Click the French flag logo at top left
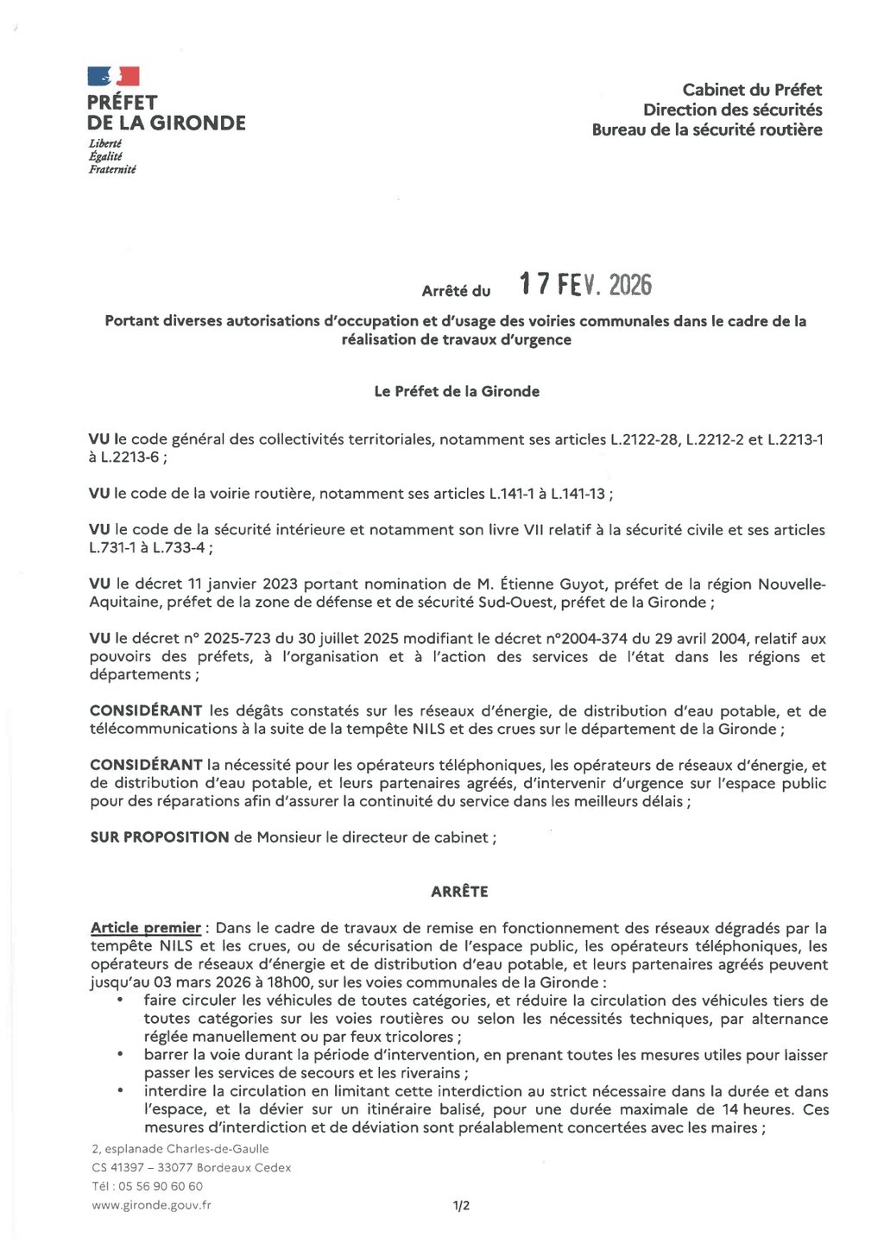tap(113, 77)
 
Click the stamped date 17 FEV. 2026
tap(585, 286)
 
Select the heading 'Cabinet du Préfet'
tap(752, 90)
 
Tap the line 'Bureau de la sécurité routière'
tap(706, 130)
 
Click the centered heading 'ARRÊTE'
tap(459, 892)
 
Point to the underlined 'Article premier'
tap(146, 929)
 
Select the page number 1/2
tap(461, 1206)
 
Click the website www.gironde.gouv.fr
tap(151, 1205)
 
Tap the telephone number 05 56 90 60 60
tap(160, 1186)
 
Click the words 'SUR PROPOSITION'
tap(159, 837)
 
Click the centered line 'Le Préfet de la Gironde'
tap(457, 392)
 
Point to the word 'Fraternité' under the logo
tap(112, 170)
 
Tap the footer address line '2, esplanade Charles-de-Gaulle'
tap(180, 1149)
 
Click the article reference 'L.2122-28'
tap(644, 439)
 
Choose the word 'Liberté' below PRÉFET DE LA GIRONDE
tap(104, 143)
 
